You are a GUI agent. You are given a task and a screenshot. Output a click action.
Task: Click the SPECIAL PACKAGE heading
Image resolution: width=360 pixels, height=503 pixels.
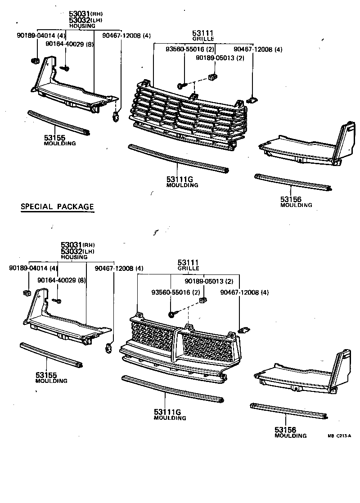tap(58, 207)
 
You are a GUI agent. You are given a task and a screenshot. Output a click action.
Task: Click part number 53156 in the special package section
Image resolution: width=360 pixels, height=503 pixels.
tap(286, 430)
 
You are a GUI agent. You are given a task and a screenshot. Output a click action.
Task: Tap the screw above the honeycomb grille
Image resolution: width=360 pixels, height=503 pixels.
tap(173, 314)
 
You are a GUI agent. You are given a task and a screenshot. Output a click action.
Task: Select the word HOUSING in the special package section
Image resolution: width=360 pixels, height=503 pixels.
tap(74, 257)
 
